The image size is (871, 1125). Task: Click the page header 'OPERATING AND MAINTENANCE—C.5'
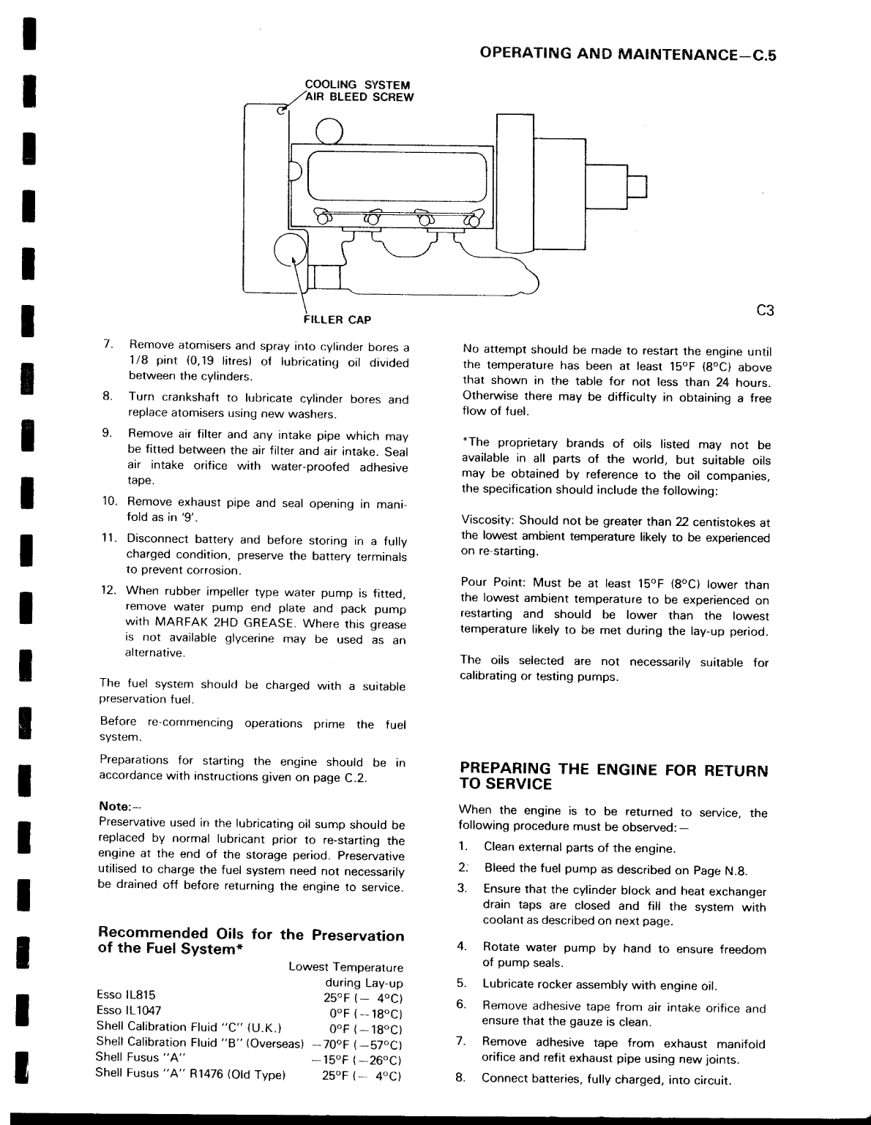pyautogui.click(x=626, y=54)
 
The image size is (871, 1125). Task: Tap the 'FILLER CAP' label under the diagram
pyautogui.click(x=337, y=320)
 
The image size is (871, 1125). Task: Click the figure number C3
pyautogui.click(x=764, y=311)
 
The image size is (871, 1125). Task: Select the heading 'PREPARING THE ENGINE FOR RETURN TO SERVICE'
pyautogui.click(x=613, y=777)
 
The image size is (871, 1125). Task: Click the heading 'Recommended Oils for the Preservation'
pyautogui.click(x=250, y=935)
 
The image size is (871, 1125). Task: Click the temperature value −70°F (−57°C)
pyautogui.click(x=358, y=1044)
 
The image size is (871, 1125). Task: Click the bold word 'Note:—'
pyautogui.click(x=115, y=807)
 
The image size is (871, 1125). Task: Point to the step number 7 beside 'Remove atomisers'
pyautogui.click(x=107, y=344)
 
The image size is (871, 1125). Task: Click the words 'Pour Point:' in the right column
pyautogui.click(x=493, y=583)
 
